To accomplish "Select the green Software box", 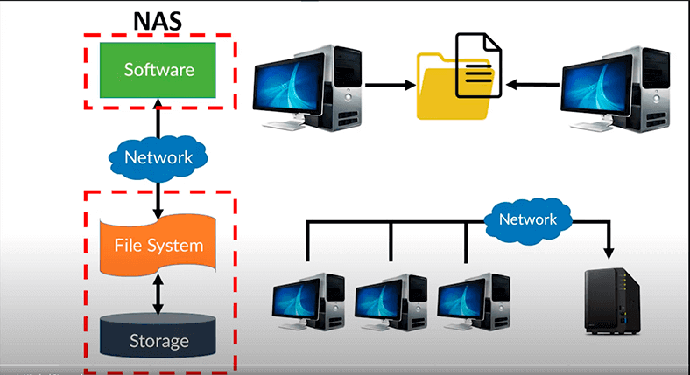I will coord(158,68).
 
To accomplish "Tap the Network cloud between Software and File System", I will coord(158,158).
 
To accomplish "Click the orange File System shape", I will coord(158,245).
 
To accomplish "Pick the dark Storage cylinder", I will coord(158,337).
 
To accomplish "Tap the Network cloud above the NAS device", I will coord(528,219).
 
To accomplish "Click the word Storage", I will coord(158,339).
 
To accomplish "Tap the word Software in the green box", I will coord(158,68).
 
